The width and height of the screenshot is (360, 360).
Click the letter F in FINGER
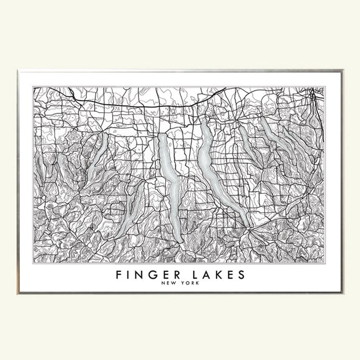(x=119, y=275)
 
